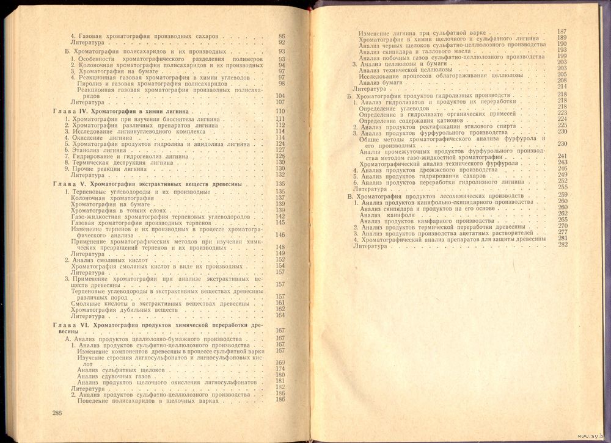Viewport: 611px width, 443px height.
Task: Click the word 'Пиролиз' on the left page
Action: coord(90,84)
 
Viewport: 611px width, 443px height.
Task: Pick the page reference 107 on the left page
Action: coord(281,103)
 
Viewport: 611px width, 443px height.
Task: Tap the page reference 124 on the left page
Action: coord(281,144)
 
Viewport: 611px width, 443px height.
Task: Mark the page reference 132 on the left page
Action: coord(281,175)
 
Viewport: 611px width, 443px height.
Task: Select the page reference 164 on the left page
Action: coord(281,315)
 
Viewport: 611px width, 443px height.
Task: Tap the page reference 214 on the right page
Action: coord(563,87)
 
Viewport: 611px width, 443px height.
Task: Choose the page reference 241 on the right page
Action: coord(563,157)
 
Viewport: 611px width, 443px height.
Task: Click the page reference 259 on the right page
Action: coord(563,194)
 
